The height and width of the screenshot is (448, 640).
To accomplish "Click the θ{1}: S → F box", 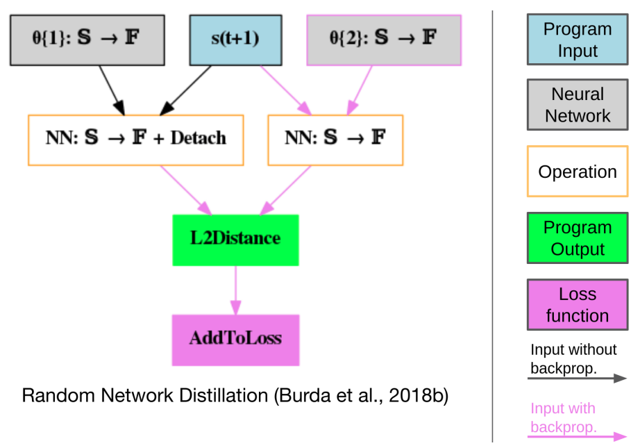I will point(86,39).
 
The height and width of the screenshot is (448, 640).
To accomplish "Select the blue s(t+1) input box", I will point(235,39).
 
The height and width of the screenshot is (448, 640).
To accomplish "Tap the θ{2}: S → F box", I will point(384,39).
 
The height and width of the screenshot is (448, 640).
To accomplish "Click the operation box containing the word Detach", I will point(135,140).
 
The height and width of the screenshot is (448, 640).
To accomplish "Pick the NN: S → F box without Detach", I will point(335,140).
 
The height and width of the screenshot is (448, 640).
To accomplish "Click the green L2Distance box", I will point(235,240).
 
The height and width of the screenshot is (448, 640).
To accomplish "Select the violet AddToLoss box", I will point(235,340).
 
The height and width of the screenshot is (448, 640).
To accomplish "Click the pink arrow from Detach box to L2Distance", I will point(186,190).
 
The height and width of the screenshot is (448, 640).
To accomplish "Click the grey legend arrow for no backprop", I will point(577,379).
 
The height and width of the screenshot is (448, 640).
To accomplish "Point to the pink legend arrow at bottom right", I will point(577,438).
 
